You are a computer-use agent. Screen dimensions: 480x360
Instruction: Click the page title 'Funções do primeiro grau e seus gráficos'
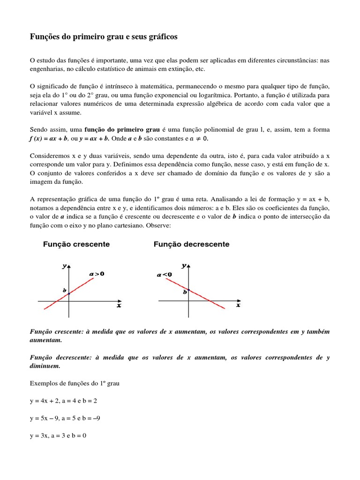pos(104,37)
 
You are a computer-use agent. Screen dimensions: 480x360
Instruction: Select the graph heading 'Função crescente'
pos(76,244)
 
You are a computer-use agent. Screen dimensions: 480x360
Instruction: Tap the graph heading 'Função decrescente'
pos(191,244)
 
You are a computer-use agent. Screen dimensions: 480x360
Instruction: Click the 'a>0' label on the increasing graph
pos(97,273)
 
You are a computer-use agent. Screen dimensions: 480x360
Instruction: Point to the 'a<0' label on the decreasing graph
pos(164,275)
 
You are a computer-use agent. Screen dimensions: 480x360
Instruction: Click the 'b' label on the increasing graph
pos(65,290)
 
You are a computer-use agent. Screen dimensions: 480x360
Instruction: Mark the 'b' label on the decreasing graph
pos(185,292)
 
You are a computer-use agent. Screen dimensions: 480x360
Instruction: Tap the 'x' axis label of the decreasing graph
pos(238,305)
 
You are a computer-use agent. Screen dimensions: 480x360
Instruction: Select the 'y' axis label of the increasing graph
pos(64,266)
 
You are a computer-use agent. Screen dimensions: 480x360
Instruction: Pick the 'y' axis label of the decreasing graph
pos(184,265)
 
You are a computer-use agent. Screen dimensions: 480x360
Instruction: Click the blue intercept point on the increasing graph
pos(69,293)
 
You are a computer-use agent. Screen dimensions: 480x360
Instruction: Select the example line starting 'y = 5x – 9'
pos(65,418)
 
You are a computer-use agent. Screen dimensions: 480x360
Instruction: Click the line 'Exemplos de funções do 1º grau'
pos(75,383)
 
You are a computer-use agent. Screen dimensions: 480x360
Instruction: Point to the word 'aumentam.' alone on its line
pos(45,340)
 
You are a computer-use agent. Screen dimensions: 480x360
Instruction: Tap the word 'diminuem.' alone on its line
pos(45,366)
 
